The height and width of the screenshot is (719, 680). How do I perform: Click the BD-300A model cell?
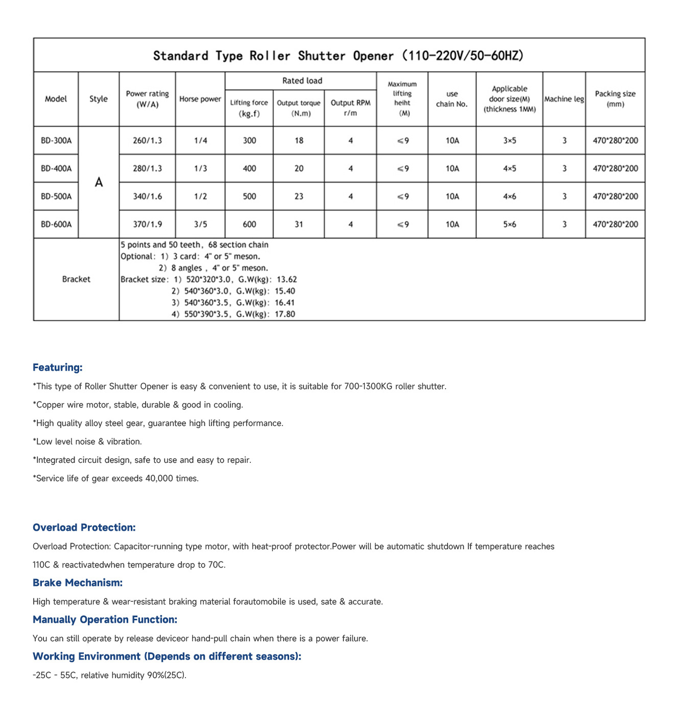click(x=56, y=141)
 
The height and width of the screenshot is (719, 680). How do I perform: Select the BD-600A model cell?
click(x=56, y=224)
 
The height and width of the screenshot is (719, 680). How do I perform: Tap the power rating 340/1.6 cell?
click(x=147, y=196)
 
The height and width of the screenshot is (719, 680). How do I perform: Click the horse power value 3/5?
click(x=200, y=224)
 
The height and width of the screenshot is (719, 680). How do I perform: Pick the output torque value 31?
click(x=299, y=224)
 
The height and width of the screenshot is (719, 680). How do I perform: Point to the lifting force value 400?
click(x=249, y=169)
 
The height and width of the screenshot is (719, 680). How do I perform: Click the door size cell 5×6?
click(x=509, y=224)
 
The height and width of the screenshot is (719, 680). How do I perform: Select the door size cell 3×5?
click(x=509, y=141)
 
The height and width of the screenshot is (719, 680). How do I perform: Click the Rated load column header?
click(x=302, y=81)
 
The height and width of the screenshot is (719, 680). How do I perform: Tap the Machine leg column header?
click(x=564, y=99)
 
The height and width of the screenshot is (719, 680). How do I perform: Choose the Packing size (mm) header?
click(x=615, y=99)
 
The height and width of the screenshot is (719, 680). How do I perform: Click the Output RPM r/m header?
click(x=350, y=108)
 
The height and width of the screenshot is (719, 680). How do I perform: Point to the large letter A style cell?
click(x=99, y=183)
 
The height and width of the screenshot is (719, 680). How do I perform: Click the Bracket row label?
click(x=76, y=279)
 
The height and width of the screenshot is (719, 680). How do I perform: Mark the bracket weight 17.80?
click(x=285, y=314)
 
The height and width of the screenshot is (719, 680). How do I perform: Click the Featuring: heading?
click(x=58, y=368)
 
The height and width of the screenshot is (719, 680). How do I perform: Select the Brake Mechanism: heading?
click(x=78, y=583)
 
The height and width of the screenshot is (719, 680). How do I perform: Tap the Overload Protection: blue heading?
click(x=84, y=528)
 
